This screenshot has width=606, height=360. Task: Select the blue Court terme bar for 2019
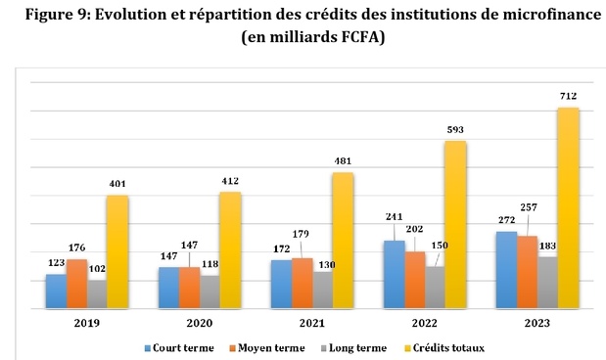(x=56, y=291)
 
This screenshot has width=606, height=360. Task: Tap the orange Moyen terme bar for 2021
(x=303, y=283)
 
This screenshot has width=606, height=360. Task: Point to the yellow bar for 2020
(x=229, y=250)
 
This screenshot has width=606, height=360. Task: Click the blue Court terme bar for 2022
(x=394, y=274)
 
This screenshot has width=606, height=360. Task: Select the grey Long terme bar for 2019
(x=97, y=293)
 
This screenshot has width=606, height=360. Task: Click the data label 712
(x=568, y=95)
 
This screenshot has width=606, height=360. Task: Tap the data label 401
(x=117, y=183)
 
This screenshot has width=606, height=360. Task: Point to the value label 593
(x=455, y=128)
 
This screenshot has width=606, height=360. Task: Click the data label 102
(x=98, y=268)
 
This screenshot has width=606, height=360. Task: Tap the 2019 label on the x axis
(x=86, y=322)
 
